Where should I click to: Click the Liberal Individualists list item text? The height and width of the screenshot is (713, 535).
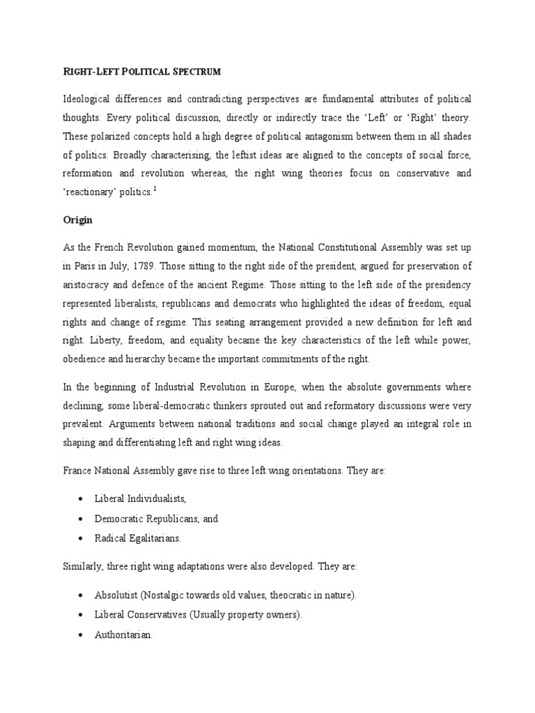(x=141, y=499)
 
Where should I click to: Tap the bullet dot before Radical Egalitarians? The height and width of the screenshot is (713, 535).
(x=82, y=539)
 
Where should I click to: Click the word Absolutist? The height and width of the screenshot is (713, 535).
(x=118, y=596)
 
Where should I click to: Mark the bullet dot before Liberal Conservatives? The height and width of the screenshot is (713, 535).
(x=82, y=616)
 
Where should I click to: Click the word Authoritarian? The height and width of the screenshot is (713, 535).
(x=122, y=635)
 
